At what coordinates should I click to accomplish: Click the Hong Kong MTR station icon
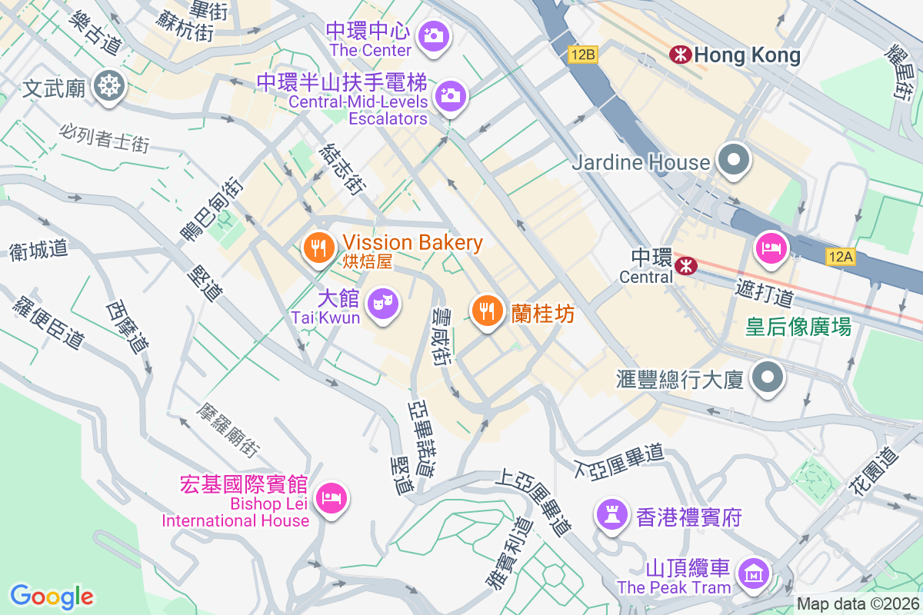pyautogui.click(x=679, y=55)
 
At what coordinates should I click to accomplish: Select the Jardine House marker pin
pyautogui.click(x=734, y=161)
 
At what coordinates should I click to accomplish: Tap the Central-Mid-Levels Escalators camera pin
pyautogui.click(x=450, y=96)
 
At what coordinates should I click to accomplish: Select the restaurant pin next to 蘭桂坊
pyautogui.click(x=486, y=311)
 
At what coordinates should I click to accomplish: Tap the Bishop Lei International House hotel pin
pyautogui.click(x=332, y=497)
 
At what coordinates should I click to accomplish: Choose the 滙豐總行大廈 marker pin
pyautogui.click(x=768, y=378)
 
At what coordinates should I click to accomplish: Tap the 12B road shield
pyautogui.click(x=582, y=55)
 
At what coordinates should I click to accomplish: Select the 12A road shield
pyautogui.click(x=841, y=257)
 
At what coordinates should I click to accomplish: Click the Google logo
pyautogui.click(x=52, y=596)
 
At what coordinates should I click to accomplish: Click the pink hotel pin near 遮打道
pyautogui.click(x=770, y=248)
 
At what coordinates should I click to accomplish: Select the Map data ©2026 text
pyautogui.click(x=857, y=604)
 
